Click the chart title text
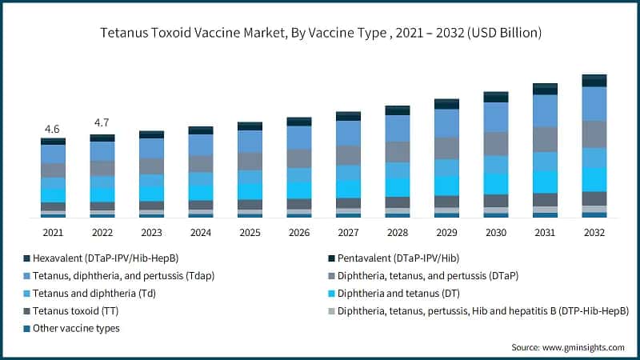pyautogui.click(x=320, y=34)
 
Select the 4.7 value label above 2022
pyautogui.click(x=102, y=123)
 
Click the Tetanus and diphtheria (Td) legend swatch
pyautogui.click(x=26, y=293)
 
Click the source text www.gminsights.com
pyautogui.click(x=567, y=347)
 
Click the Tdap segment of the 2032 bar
pyautogui.click(x=593, y=103)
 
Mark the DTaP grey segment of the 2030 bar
pyautogui.click(x=495, y=143)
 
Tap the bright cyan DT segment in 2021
pyautogui.click(x=53, y=194)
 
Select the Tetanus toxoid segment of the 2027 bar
pyautogui.click(x=348, y=202)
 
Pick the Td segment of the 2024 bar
pyautogui.click(x=201, y=178)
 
